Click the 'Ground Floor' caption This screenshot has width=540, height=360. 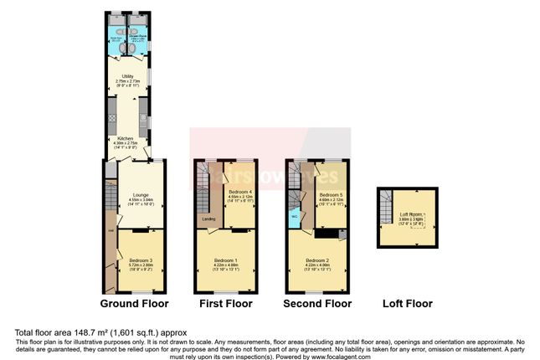coord(134,303)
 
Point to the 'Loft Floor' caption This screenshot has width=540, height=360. coord(406,303)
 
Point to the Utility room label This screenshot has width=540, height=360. coord(128,79)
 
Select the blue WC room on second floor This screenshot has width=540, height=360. coord(294,217)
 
